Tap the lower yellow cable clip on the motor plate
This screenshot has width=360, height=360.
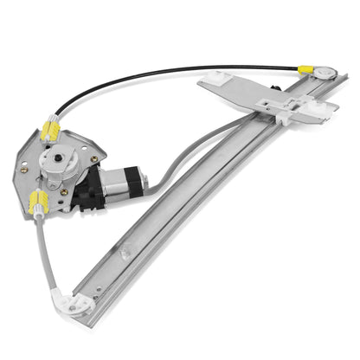61,204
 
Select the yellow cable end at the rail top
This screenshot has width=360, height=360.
305,72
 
